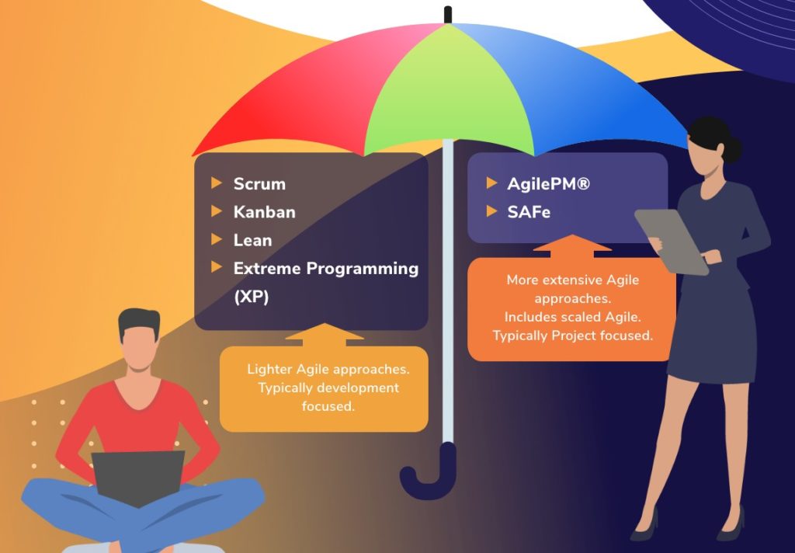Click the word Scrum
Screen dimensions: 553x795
pos(259,184)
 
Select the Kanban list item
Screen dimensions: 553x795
pos(264,212)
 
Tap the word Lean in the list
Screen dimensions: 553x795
pos(252,240)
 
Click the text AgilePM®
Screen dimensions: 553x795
pos(547,184)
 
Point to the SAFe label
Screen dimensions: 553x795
pos(529,211)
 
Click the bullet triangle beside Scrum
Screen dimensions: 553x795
pos(217,183)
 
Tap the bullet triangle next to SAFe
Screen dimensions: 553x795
pos(491,210)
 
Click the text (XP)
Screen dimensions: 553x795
pos(251,297)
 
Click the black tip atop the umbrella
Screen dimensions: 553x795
pos(448,14)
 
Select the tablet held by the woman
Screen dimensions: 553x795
pos(672,240)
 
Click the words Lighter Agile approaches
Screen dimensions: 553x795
pos(328,369)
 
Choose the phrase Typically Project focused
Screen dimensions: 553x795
pos(572,336)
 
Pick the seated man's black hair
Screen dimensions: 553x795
pos(139,321)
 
